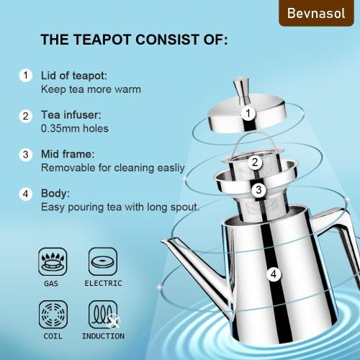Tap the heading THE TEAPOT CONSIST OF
134,40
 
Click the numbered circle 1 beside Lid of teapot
26,76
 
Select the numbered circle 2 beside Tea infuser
26,115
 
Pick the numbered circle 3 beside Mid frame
26,154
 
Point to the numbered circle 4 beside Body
26,194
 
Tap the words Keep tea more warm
91,89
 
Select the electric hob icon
102,261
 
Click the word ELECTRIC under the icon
103,284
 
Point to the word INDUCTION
103,336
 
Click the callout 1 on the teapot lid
247,113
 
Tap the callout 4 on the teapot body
273,274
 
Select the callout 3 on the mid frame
258,190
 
